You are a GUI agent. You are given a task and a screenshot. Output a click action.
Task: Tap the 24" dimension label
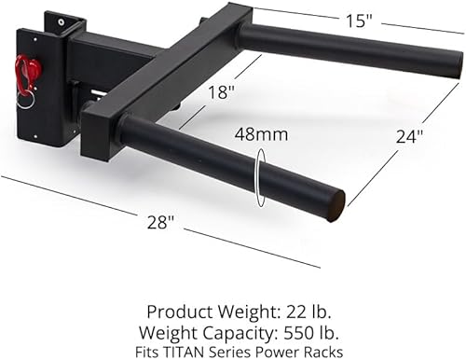point(408,136)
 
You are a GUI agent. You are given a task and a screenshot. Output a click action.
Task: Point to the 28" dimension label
point(160,222)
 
